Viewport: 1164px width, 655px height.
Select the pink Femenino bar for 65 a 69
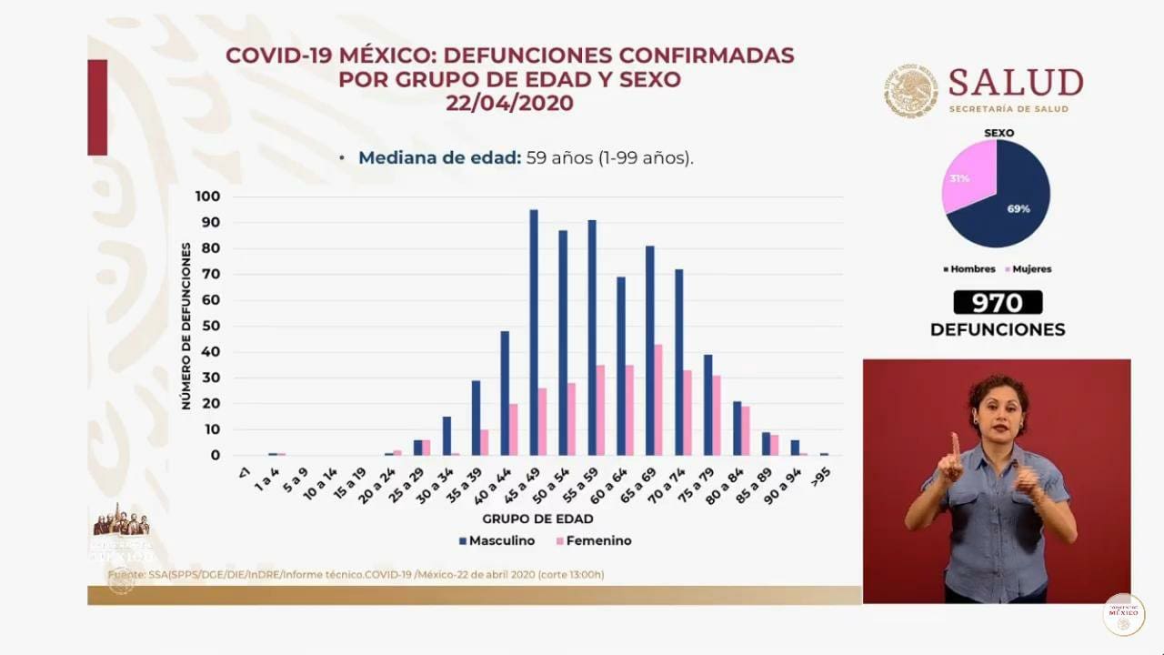click(x=657, y=399)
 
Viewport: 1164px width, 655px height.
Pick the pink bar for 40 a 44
click(x=513, y=429)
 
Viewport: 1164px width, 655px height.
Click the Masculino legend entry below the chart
click(x=497, y=540)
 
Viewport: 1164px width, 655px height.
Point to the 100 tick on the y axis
click(x=207, y=196)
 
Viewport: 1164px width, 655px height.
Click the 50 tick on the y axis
click(x=211, y=326)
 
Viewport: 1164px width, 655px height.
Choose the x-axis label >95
click(x=822, y=475)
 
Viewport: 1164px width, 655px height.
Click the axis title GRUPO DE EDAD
click(x=537, y=519)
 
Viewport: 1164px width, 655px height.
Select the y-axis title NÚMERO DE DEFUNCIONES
click(x=186, y=326)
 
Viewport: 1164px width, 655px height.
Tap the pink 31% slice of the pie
click(x=966, y=177)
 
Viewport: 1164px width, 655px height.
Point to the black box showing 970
click(x=998, y=303)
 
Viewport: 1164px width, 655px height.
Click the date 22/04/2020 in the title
click(x=509, y=104)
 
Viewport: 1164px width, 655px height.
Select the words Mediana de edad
click(x=439, y=157)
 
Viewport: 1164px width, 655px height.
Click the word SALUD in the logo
click(x=1016, y=83)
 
